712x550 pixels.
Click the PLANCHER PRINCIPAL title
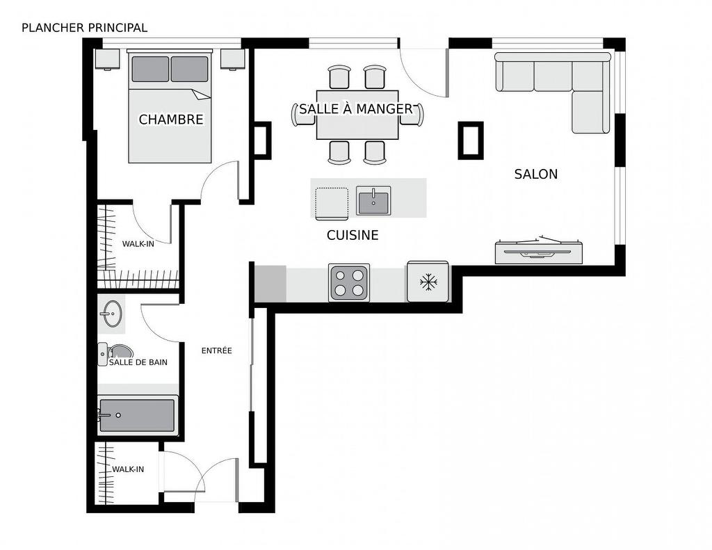pyautogui.click(x=84, y=28)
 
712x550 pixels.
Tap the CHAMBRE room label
pyautogui.click(x=171, y=120)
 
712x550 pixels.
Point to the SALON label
pyautogui.click(x=535, y=174)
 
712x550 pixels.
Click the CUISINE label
pyautogui.click(x=353, y=236)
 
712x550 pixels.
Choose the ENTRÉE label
pyautogui.click(x=216, y=350)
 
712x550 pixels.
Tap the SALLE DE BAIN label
pyautogui.click(x=138, y=362)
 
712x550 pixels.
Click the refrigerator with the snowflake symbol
pyautogui.click(x=428, y=282)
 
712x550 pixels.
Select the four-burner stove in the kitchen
pyautogui.click(x=349, y=282)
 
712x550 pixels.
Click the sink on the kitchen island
pyautogui.click(x=373, y=200)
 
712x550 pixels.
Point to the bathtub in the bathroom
pyautogui.click(x=137, y=415)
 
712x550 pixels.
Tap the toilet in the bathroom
pyautogui.click(x=115, y=352)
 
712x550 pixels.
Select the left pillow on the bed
pyautogui.click(x=150, y=69)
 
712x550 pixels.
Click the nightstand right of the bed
pyautogui.click(x=232, y=58)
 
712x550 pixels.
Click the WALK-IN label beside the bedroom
pyautogui.click(x=138, y=244)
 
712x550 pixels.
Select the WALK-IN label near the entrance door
pyautogui.click(x=128, y=469)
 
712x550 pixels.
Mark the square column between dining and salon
pyautogui.click(x=470, y=140)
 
